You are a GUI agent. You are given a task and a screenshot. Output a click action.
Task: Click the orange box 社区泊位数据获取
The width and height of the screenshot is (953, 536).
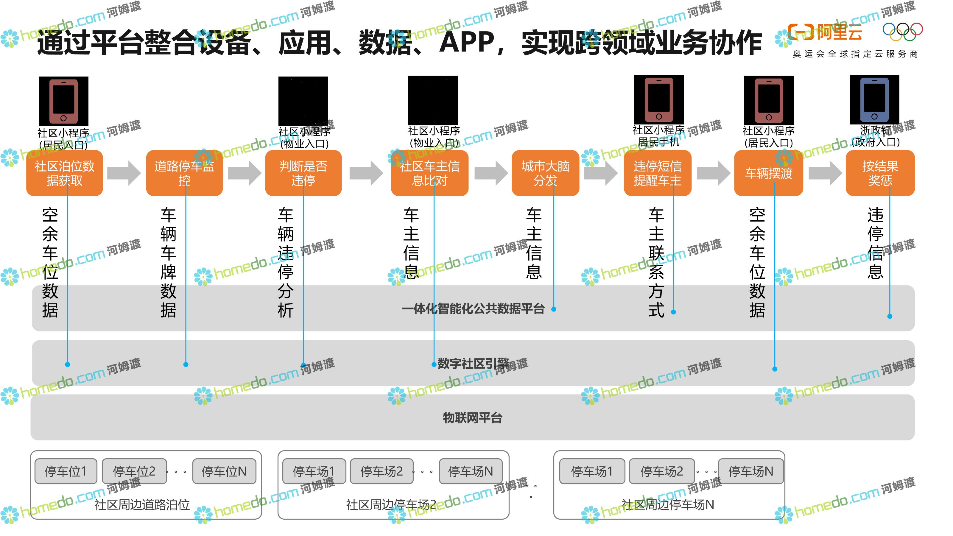pos(64,173)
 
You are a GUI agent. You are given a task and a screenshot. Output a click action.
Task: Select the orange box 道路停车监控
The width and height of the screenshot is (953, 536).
pos(184,173)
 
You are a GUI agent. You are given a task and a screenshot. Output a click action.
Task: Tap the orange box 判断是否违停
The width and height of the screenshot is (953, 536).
pos(303,173)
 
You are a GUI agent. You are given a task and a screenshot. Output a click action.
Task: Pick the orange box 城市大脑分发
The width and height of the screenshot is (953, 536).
pos(545,173)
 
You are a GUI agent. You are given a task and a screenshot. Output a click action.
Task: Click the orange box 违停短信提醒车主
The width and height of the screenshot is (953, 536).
pos(657,173)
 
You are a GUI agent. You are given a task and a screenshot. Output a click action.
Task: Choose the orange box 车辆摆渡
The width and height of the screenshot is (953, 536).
pos(768,173)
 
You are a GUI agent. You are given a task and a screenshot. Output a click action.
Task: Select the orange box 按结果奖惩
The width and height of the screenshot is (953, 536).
pos(880,173)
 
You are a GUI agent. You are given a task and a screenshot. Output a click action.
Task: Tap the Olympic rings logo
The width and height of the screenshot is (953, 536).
pos(903,32)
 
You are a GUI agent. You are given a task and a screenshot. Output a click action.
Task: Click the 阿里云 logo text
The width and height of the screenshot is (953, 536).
pos(840,32)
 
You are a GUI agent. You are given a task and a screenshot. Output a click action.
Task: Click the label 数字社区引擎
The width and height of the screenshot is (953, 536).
pos(473,363)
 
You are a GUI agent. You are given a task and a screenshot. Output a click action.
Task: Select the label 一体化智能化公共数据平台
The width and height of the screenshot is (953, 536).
pos(473,308)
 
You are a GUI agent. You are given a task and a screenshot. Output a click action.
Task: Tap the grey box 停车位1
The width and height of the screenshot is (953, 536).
pos(66,471)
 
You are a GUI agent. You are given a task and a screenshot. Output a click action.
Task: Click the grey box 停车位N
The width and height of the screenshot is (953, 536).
pos(224,471)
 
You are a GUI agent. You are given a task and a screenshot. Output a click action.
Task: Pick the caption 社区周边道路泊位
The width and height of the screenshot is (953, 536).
pos(142,504)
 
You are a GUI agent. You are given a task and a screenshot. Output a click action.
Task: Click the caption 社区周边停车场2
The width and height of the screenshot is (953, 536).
pos(391,504)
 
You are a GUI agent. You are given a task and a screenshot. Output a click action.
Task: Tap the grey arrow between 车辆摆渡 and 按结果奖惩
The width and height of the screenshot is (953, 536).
pos(825,173)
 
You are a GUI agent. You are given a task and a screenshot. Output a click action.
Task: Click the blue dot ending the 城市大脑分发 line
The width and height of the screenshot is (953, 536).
pos(554,309)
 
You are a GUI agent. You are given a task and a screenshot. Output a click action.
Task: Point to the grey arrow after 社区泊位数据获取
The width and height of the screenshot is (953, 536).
pos(124,173)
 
